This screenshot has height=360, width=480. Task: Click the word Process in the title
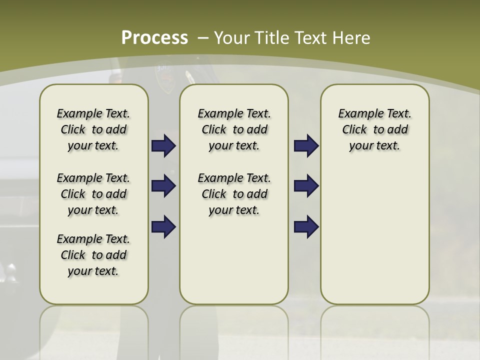(x=154, y=37)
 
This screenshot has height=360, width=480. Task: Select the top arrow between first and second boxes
(x=163, y=145)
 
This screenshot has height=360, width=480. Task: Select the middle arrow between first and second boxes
(x=163, y=186)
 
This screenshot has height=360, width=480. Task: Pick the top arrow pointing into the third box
(x=306, y=145)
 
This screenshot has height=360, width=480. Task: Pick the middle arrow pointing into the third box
(x=306, y=186)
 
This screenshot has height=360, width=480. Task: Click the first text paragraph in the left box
(x=93, y=129)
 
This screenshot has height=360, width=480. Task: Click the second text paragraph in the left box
(x=93, y=194)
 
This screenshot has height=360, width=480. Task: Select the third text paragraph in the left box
(x=93, y=255)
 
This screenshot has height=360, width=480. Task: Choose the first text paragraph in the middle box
(x=234, y=129)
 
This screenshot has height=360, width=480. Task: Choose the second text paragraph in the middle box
(x=234, y=194)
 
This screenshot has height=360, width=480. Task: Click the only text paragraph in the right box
(x=374, y=129)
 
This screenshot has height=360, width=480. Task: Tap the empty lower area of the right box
(x=374, y=235)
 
